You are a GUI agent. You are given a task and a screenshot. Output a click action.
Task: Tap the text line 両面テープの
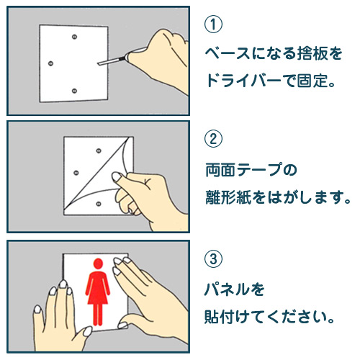coord(251,170)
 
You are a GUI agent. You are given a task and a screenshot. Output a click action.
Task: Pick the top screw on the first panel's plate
coord(75,37)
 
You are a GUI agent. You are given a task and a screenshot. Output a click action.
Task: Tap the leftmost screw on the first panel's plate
coord(50,63)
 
